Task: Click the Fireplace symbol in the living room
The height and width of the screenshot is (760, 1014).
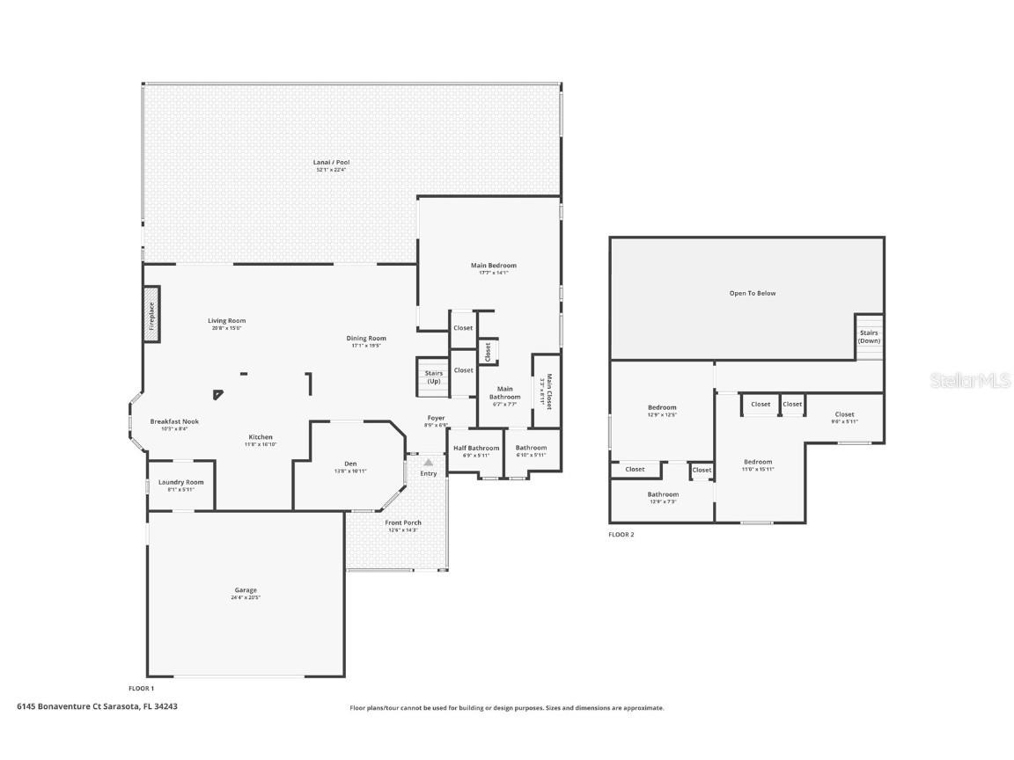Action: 151,312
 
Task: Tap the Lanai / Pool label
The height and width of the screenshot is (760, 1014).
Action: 331,163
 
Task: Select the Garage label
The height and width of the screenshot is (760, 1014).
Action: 246,590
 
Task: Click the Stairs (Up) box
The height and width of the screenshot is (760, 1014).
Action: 433,376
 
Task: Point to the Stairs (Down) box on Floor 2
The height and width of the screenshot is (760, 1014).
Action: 869,336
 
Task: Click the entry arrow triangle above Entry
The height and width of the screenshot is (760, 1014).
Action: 429,461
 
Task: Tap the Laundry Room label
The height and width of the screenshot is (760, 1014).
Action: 180,482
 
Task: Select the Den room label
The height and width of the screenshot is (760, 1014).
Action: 349,464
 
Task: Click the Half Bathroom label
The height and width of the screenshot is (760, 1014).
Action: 476,448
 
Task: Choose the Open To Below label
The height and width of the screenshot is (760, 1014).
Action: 753,293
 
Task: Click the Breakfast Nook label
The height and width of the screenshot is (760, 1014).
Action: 174,421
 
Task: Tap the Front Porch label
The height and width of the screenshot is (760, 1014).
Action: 403,522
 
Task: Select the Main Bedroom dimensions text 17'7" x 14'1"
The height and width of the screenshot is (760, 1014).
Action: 493,273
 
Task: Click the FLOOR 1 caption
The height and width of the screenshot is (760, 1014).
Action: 142,688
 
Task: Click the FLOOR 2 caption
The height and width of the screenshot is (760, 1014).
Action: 621,534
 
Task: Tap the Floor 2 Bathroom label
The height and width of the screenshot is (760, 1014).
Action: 663,494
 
